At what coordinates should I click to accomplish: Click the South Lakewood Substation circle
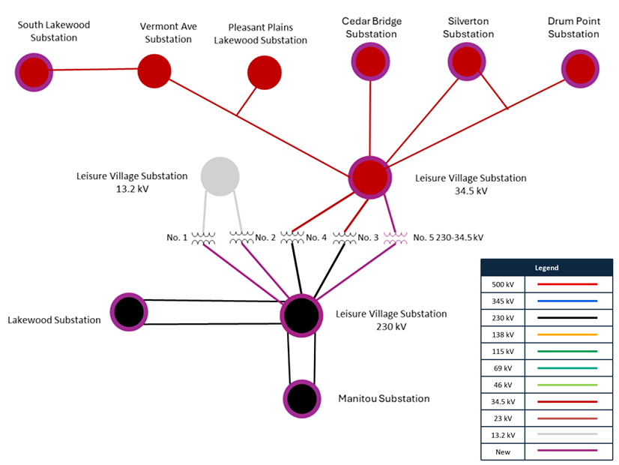click(x=34, y=72)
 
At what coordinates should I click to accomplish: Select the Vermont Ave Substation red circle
click(x=155, y=70)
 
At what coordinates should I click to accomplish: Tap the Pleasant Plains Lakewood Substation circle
click(x=265, y=73)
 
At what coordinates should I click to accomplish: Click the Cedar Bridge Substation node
click(x=370, y=61)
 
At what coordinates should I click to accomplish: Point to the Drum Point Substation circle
click(x=580, y=69)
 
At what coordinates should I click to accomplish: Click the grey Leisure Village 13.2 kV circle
click(x=220, y=177)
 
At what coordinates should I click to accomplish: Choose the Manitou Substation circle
click(x=301, y=399)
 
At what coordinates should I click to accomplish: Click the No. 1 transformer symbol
click(x=203, y=238)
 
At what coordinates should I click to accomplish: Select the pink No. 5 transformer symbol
click(x=395, y=238)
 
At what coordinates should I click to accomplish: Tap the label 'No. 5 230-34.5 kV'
click(x=448, y=238)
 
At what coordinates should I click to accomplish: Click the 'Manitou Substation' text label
click(x=384, y=399)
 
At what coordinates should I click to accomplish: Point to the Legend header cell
click(x=546, y=268)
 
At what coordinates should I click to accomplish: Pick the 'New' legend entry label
click(x=504, y=451)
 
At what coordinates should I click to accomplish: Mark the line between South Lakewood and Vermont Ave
click(x=94, y=70)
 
